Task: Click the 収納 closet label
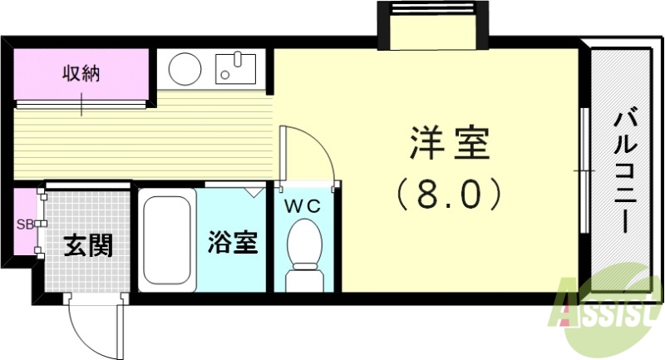pyautogui.click(x=81, y=73)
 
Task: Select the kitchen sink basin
pyautogui.click(x=237, y=67)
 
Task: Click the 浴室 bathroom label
pyautogui.click(x=232, y=244)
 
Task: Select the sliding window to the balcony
pyautogui.click(x=585, y=170)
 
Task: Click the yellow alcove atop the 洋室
pyautogui.click(x=431, y=32)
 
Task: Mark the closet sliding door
pyautogui.click(x=81, y=104)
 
